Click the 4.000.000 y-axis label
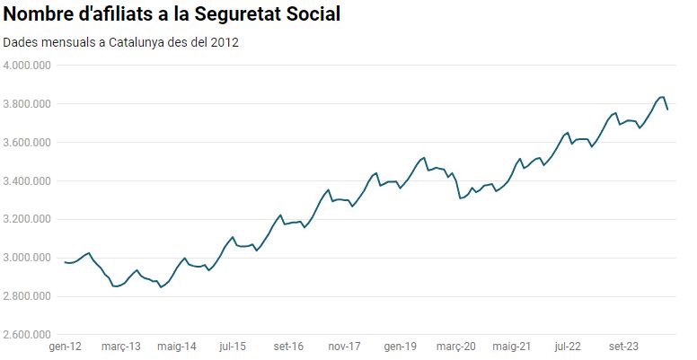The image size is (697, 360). coord(28,66)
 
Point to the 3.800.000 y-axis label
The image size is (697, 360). coord(28,104)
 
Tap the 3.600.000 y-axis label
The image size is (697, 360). coord(28,143)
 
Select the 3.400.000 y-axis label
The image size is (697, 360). coord(28,181)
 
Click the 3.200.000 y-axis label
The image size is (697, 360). coord(28,220)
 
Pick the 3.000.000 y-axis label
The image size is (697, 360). coord(28,259)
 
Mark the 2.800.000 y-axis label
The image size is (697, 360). coord(28,297)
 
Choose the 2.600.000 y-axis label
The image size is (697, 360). coord(28,336)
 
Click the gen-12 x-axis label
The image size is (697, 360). coord(66,347)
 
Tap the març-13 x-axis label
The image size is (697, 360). coord(121,347)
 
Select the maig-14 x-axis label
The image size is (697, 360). coord(177,347)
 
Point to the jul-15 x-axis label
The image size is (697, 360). coord(233,347)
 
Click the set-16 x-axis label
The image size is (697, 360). coord(288,347)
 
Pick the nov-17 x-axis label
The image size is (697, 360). coord(344,347)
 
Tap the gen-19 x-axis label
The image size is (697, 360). coord(400,347)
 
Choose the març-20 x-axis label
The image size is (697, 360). coord(455,347)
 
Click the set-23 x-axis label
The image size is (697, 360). coord(623,347)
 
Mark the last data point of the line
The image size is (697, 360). coord(667,110)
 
